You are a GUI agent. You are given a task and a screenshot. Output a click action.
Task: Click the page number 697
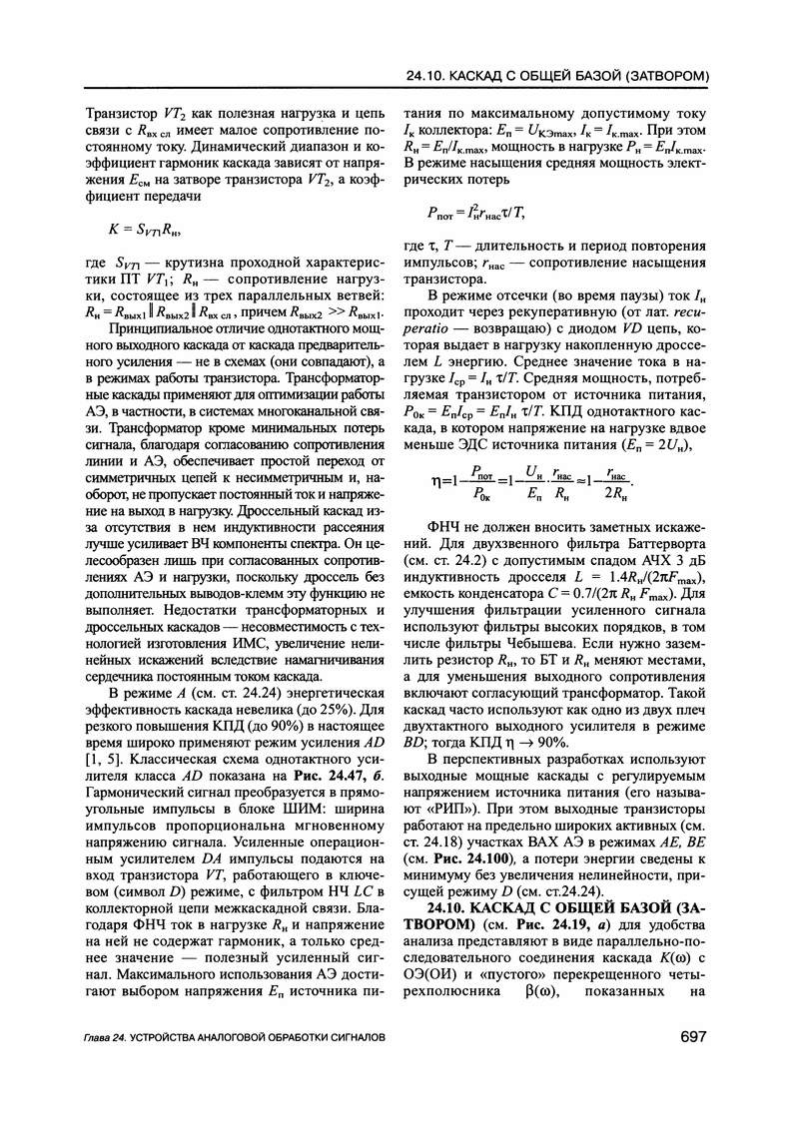pyautogui.click(x=693, y=1037)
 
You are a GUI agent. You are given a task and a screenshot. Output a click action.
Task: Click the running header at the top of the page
pyautogui.click(x=558, y=76)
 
